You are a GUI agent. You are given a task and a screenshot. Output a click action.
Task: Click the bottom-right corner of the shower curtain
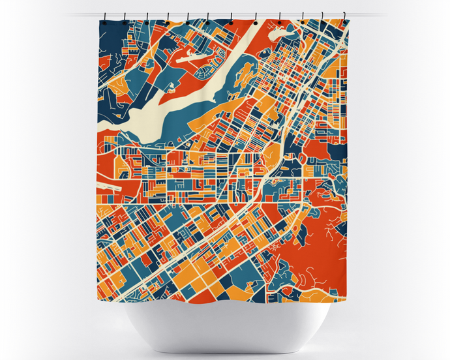coord(346,297)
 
